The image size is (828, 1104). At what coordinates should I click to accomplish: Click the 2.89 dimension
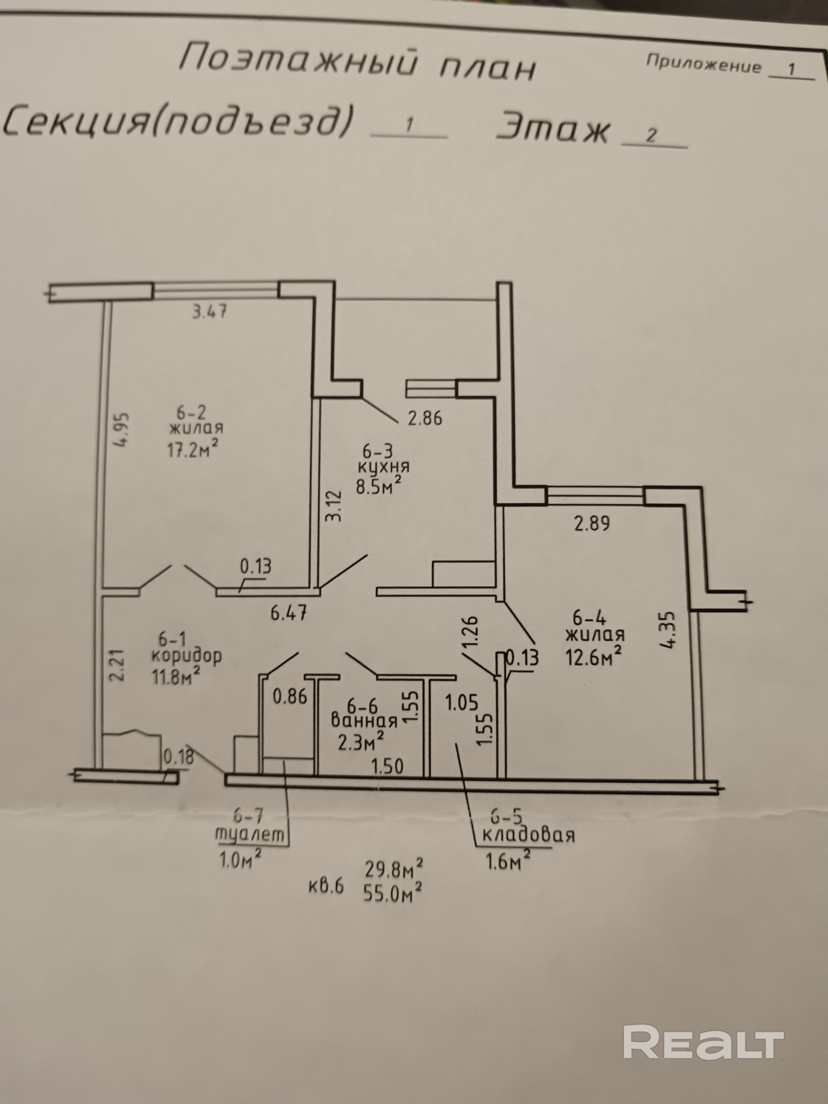[x=592, y=524]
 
